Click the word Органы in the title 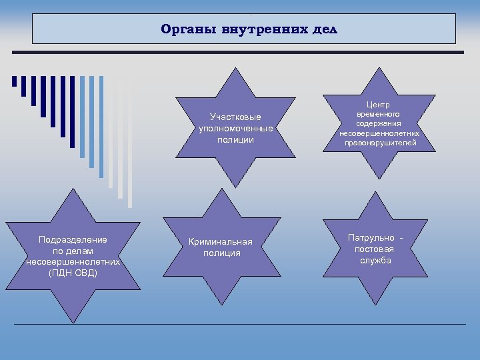tap(184, 30)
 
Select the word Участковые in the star tap(236, 118)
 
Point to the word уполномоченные tap(236, 129)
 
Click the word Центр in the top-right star tap(379, 105)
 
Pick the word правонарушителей tap(379, 143)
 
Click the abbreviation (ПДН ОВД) tap(73, 273)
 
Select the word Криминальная tap(221, 241)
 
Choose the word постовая tap(374, 249)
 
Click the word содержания tap(379, 123)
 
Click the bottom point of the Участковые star tap(235, 185)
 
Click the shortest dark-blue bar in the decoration tap(14, 81)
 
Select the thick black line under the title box tap(244, 52)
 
